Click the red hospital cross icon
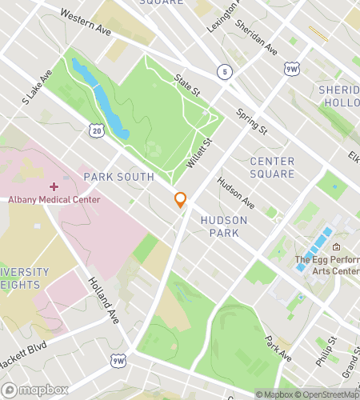(54, 186)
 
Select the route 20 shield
(96, 129)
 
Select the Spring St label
(251, 120)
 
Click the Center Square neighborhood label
(272, 166)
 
